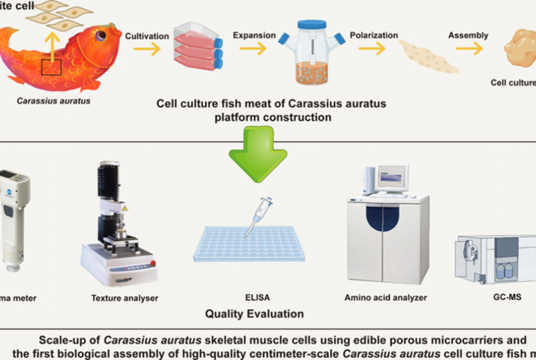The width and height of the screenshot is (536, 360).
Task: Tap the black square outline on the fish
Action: click(51, 68)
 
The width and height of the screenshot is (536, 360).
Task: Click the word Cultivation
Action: click(146, 35)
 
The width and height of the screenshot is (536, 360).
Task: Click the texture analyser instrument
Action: click(116, 225)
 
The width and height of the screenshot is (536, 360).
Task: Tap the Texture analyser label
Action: click(125, 298)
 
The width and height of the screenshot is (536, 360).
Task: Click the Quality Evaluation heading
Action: click(255, 313)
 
